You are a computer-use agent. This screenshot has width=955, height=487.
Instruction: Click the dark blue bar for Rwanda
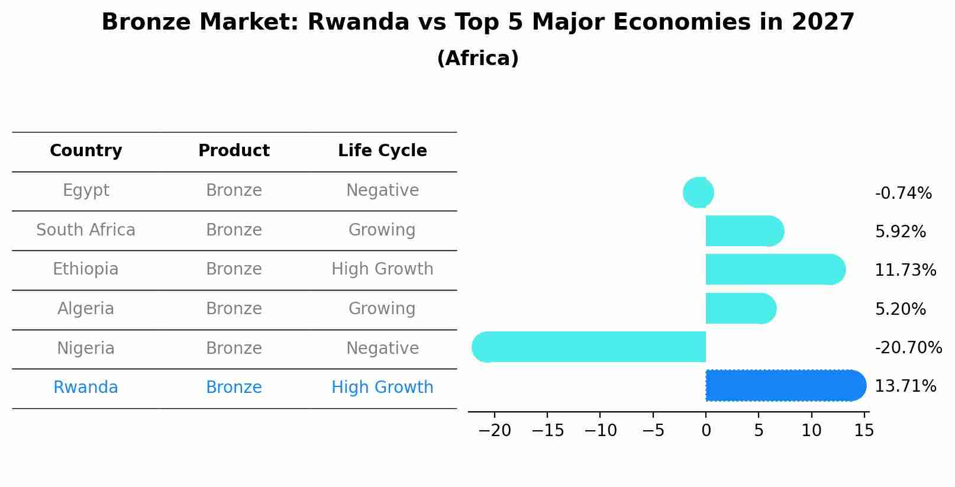(784, 386)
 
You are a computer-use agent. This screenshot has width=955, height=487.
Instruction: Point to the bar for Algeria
(740, 308)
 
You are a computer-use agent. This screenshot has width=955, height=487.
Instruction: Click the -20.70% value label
(908, 347)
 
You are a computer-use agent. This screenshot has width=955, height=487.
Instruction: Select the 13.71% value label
(905, 386)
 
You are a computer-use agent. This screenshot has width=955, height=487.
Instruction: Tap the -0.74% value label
(903, 193)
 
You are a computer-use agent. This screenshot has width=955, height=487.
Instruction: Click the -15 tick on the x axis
(547, 430)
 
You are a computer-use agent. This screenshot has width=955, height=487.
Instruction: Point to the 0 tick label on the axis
(706, 430)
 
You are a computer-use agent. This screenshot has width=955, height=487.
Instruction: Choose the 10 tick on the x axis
(811, 430)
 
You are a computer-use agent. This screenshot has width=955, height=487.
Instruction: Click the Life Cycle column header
(382, 151)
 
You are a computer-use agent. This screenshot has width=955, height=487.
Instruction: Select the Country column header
(86, 151)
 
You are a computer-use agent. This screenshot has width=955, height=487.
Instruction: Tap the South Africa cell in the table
(86, 230)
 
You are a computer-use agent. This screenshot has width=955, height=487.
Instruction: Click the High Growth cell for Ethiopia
(382, 269)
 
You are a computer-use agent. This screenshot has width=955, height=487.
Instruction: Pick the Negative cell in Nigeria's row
(382, 348)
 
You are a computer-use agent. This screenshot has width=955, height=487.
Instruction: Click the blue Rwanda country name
(86, 388)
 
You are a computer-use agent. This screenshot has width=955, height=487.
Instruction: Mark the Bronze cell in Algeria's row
(234, 309)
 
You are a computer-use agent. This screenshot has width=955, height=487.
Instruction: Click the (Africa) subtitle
(478, 59)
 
